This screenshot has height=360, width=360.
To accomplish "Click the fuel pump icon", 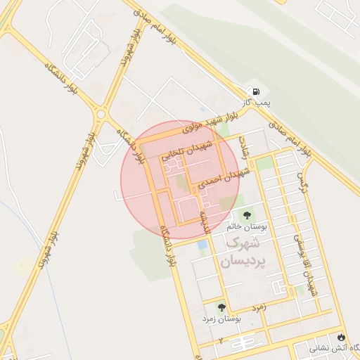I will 255,91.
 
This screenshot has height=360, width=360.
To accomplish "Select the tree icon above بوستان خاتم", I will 247,215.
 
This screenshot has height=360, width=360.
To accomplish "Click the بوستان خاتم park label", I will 245,228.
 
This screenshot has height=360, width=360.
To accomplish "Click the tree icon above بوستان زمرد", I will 222,307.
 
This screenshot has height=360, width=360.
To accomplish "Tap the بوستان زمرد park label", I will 221,319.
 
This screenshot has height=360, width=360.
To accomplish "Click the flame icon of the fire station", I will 342,337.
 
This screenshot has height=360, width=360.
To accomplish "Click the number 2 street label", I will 219,341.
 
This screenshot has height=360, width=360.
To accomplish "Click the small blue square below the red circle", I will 202,244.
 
